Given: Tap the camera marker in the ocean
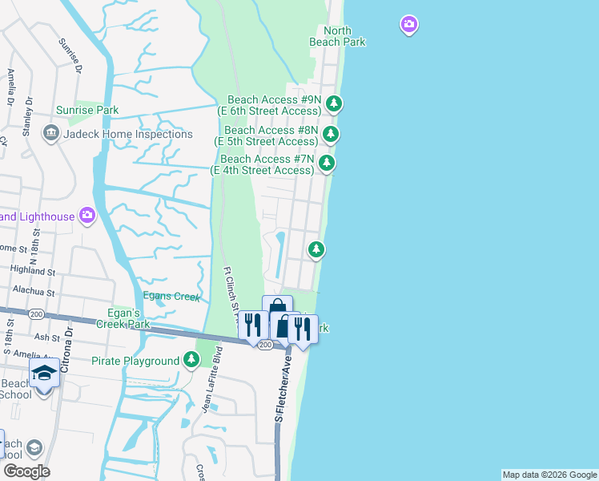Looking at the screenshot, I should (x=409, y=26).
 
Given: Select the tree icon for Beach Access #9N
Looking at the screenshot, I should (x=334, y=103).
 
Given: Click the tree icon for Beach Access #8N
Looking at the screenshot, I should (x=330, y=134).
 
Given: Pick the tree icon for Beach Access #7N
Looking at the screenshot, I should (x=326, y=164).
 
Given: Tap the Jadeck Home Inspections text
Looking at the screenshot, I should (x=128, y=134).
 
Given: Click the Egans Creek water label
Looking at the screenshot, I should (x=171, y=297).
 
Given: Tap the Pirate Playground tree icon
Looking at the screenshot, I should (x=191, y=360).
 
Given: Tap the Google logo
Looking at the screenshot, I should (x=26, y=471).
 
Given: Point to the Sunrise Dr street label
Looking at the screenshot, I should (x=70, y=58).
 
